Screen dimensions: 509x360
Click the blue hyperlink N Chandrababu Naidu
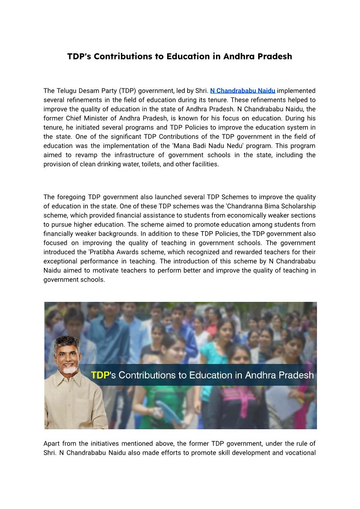tap(243, 91)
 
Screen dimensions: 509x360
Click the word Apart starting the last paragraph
tap(52, 443)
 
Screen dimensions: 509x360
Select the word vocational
tap(300, 452)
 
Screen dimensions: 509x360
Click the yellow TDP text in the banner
tap(101, 375)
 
